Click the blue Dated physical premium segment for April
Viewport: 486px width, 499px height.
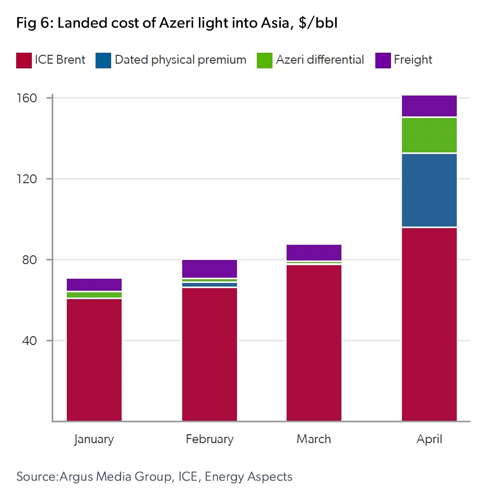coord(429,190)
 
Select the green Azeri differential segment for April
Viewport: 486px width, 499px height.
coord(429,135)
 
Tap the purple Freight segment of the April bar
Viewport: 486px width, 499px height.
coord(429,106)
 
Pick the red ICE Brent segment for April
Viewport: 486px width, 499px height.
coord(429,324)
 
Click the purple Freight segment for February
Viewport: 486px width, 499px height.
coord(209,268)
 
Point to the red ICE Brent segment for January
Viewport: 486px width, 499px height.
coord(94,360)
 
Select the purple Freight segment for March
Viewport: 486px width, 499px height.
coord(314,252)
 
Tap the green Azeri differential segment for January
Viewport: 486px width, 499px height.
coord(94,295)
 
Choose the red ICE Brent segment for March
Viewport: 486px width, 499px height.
coord(314,342)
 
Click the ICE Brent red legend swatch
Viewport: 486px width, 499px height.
coord(23,60)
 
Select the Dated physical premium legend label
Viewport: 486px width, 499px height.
coord(180,60)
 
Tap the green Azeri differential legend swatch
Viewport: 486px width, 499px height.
coord(264,60)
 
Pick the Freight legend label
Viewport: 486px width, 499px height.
coord(413,60)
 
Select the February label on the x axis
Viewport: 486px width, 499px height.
coord(209,439)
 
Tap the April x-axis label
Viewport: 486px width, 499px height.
coord(429,439)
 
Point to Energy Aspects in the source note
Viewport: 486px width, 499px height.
coord(248,477)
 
